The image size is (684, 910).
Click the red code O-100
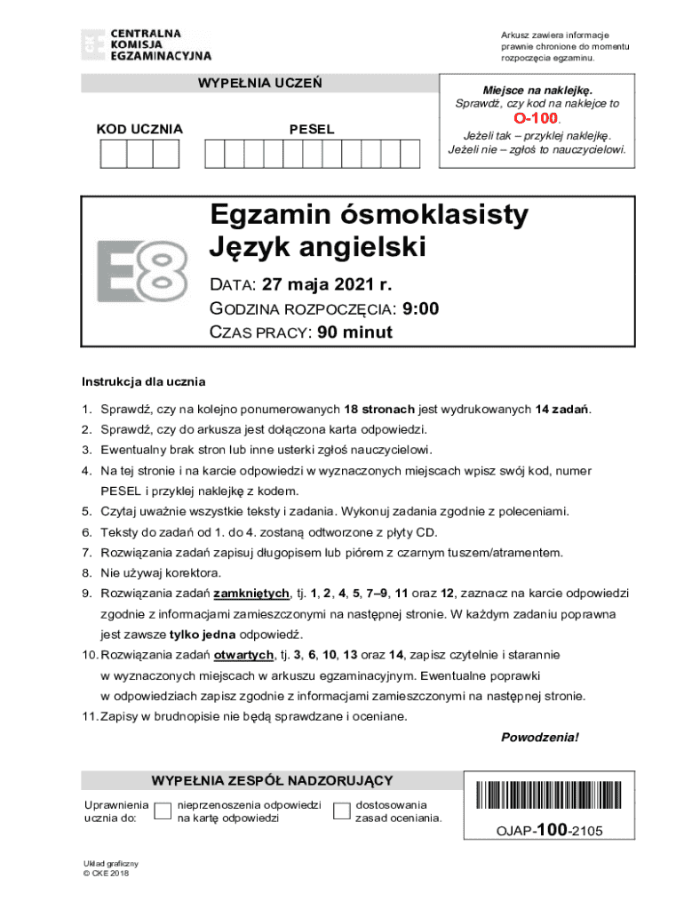tap(536, 118)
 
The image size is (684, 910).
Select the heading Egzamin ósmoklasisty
tap(369, 214)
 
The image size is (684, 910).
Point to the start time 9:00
tap(420, 308)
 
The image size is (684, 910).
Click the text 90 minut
tap(354, 332)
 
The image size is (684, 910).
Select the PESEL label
tap(312, 130)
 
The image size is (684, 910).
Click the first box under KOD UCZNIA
tap(114, 155)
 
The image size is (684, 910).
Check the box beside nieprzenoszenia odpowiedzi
tap(163, 810)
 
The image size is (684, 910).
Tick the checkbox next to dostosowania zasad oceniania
tap(341, 810)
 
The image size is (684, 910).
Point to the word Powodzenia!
tap(540, 738)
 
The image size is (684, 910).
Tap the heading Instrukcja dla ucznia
tap(144, 382)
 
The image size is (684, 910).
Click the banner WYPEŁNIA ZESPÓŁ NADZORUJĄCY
tap(272, 780)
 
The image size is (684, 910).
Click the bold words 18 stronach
tap(379, 410)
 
